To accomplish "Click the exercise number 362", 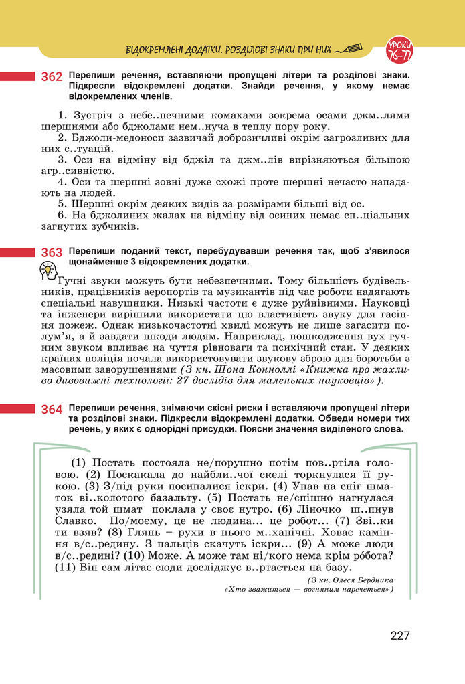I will point(52,77).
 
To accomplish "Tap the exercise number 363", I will point(52,252).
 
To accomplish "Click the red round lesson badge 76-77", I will point(400,48).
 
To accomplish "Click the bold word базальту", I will point(175,498).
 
